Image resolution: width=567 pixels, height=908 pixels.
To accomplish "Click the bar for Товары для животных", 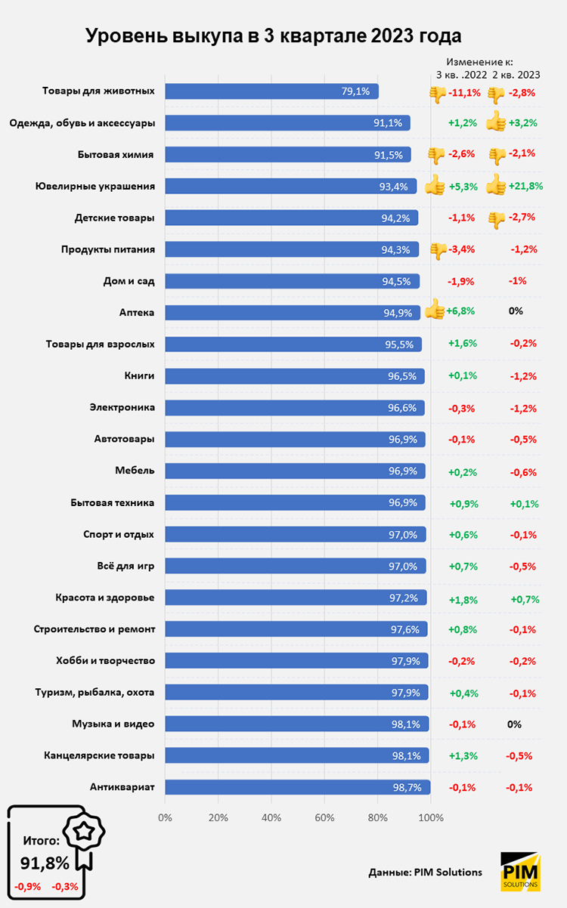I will click(x=271, y=91).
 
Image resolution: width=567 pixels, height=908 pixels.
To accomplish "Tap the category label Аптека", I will click(x=137, y=311).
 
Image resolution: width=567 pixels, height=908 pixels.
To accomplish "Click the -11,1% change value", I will click(x=464, y=93).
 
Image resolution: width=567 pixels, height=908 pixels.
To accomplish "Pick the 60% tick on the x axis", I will click(x=324, y=817).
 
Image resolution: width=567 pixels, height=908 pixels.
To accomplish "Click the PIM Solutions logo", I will click(x=520, y=871).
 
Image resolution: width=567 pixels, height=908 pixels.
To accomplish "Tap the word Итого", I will click(x=41, y=839).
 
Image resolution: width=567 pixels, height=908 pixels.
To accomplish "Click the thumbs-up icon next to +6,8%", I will click(x=434, y=310).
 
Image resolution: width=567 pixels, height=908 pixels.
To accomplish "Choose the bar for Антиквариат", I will click(x=297, y=787).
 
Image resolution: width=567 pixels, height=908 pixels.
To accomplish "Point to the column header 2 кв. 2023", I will click(x=516, y=74).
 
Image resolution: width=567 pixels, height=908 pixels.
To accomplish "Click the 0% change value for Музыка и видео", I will click(x=514, y=724).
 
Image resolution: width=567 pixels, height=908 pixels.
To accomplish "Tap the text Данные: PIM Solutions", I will click(x=426, y=872).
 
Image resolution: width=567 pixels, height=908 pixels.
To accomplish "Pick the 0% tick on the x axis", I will click(x=165, y=817).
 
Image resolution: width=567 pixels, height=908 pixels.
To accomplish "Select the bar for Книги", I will click(x=295, y=375).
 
